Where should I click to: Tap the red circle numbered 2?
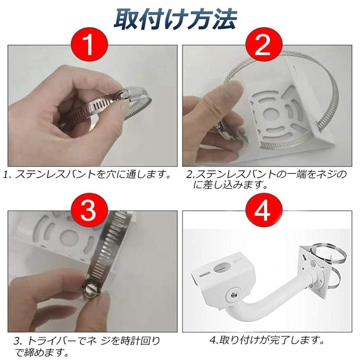click(x=262, y=45)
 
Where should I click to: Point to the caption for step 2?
click(x=266, y=179)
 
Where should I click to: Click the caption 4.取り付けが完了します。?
click(x=267, y=339)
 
